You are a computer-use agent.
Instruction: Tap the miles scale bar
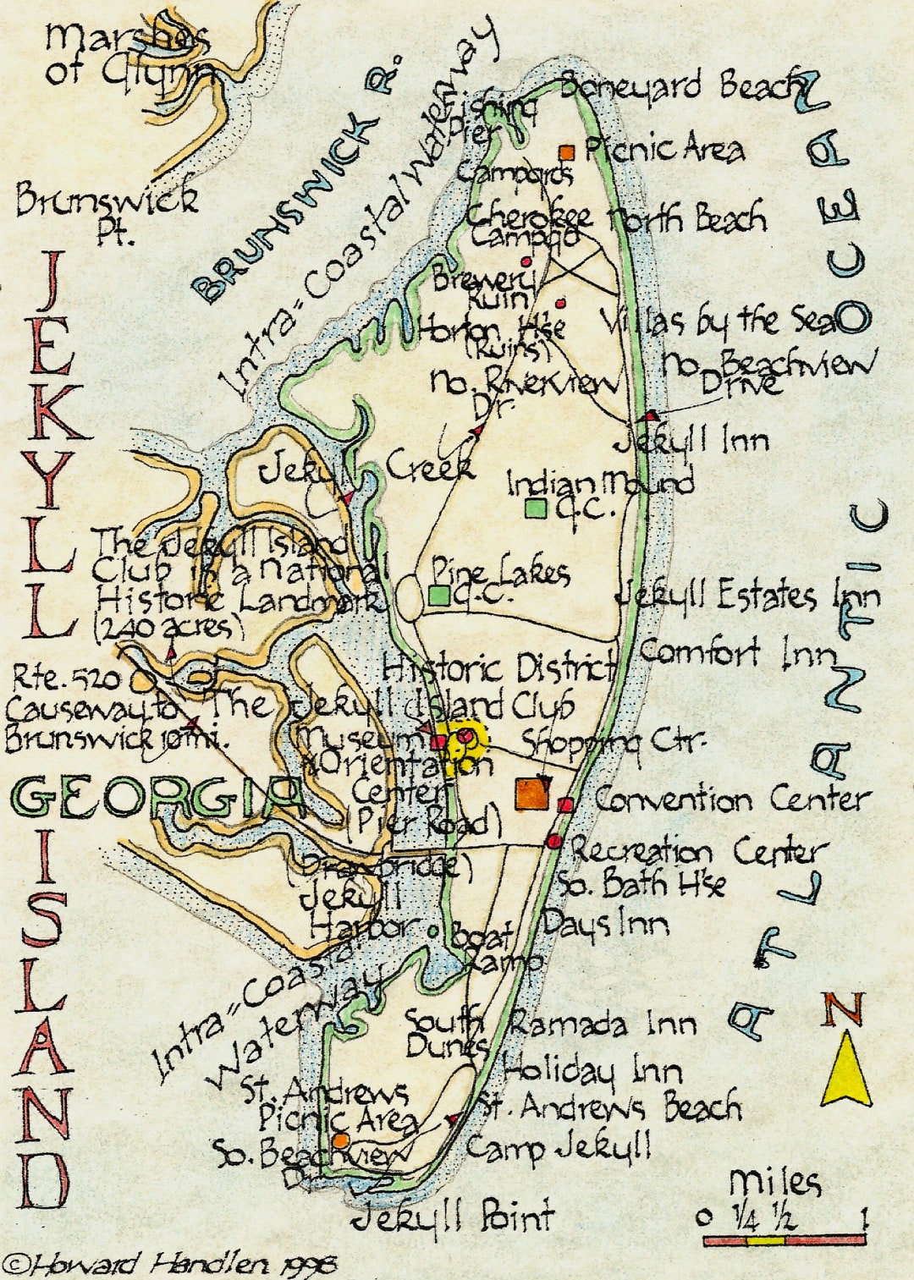tap(784, 1239)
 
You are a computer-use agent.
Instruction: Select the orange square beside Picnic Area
tap(567, 152)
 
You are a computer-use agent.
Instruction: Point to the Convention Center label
tap(731, 799)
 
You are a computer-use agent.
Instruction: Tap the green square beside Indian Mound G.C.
tap(536, 508)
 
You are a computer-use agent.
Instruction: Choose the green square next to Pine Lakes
tap(439, 596)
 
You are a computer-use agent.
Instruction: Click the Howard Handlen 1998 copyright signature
tap(169, 1265)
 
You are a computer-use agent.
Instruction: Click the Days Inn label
tap(605, 924)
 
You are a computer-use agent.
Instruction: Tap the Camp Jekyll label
tap(559, 1148)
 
